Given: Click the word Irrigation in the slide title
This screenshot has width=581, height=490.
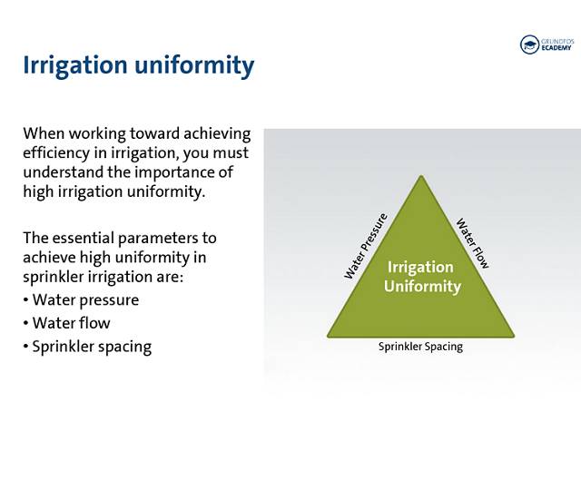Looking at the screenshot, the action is click(x=75, y=65).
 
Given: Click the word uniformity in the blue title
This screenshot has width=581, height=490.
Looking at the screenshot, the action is click(x=194, y=65).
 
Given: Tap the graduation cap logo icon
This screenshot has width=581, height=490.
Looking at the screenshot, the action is click(x=529, y=44).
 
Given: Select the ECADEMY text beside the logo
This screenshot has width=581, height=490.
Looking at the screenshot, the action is click(x=556, y=48).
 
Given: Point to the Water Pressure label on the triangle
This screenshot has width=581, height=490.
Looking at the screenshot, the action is click(x=366, y=246).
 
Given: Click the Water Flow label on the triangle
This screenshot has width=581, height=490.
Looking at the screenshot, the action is click(x=472, y=243).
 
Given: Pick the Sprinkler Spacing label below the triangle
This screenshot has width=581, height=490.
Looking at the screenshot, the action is click(x=420, y=347).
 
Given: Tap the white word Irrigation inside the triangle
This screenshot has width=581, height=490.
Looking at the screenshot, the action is click(x=420, y=268).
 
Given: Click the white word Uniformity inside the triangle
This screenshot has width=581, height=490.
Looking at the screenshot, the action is click(x=422, y=287).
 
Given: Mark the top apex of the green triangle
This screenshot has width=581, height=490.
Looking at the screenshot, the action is click(x=421, y=175).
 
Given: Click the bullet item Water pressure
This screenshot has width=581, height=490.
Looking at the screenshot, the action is click(x=85, y=300).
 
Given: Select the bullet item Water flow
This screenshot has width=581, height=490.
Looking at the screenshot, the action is click(x=71, y=323).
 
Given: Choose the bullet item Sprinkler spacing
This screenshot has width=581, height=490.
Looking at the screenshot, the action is click(x=92, y=347).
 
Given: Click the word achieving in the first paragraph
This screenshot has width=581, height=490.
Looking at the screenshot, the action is click(x=217, y=134).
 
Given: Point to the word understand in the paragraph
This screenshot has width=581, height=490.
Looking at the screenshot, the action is click(x=63, y=172).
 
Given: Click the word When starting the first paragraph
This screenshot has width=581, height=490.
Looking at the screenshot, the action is click(x=44, y=133).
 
